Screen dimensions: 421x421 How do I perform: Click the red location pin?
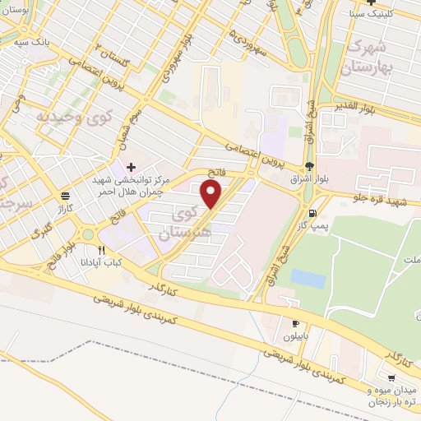pyautogui.click(x=211, y=193)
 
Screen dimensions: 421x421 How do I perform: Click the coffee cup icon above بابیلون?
pyautogui.click(x=295, y=323)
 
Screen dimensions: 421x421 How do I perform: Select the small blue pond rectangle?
pyautogui.click(x=308, y=278)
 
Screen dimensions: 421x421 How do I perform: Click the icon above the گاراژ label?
pyautogui.click(x=64, y=195)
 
